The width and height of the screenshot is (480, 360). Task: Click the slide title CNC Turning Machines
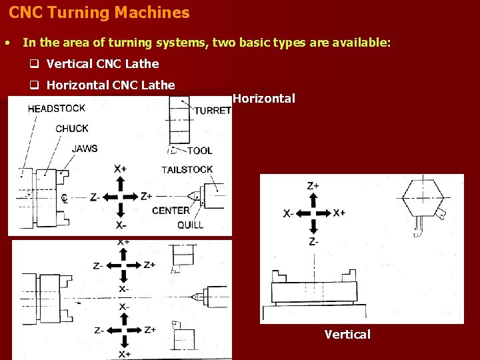(99, 13)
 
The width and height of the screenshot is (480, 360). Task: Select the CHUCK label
(72, 129)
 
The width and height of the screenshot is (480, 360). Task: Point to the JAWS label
(85, 148)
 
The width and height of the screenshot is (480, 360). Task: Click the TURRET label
(213, 111)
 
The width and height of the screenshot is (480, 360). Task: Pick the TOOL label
(200, 151)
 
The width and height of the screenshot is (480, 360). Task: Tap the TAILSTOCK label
(187, 169)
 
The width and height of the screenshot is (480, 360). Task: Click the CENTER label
(171, 211)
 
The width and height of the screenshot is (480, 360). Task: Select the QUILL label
(191, 225)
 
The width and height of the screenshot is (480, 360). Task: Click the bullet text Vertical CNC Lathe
(103, 64)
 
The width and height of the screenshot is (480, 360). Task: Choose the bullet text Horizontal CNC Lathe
(111, 85)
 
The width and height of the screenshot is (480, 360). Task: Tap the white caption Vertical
(347, 334)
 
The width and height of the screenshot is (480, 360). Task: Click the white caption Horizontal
(264, 99)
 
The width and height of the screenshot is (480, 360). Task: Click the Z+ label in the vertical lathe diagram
(313, 186)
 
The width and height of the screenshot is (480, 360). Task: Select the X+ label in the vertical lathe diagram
(339, 213)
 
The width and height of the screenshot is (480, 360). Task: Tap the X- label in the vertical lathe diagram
(289, 214)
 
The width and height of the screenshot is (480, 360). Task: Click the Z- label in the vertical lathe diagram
(313, 241)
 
